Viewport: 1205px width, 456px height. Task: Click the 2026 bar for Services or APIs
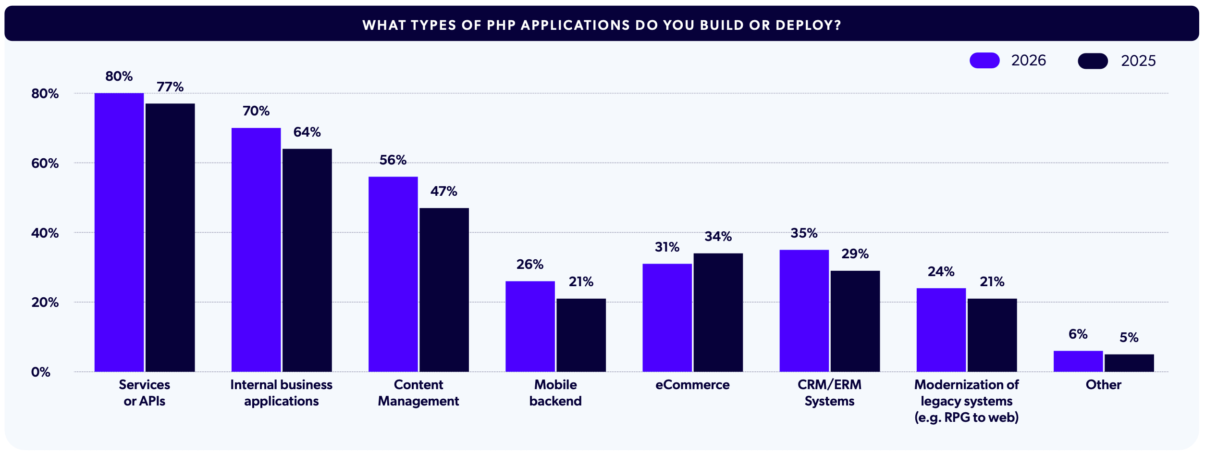point(119,232)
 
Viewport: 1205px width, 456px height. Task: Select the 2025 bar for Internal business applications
point(307,260)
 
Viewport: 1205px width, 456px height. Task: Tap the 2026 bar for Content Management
point(393,274)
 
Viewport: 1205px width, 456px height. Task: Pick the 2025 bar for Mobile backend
point(581,335)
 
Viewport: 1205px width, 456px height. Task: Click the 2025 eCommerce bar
point(718,312)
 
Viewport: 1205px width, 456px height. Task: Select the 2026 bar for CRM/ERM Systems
point(804,310)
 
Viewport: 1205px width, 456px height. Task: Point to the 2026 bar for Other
point(1078,361)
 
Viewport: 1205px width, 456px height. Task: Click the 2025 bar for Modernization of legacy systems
point(992,335)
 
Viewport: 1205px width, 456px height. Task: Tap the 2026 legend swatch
point(984,61)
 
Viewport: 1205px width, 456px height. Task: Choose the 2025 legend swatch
point(1093,61)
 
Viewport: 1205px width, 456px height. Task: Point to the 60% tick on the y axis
point(45,163)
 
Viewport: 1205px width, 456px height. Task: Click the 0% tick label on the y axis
point(41,372)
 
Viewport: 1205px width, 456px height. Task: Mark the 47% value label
point(443,191)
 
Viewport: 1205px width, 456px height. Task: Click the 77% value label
point(170,87)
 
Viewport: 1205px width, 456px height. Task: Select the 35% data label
point(804,233)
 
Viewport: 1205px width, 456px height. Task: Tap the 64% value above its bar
point(307,132)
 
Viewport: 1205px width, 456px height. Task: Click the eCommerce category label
point(692,385)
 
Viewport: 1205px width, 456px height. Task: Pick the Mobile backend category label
point(555,393)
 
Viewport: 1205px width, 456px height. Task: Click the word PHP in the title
point(502,25)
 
